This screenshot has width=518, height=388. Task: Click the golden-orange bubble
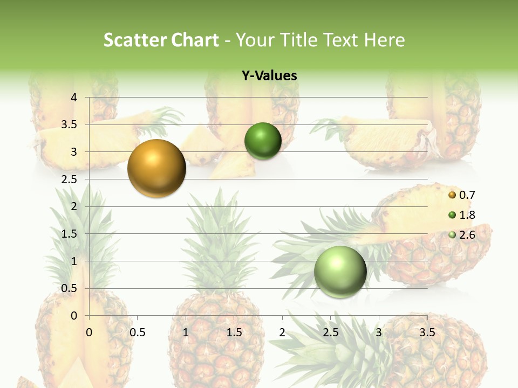(156, 168)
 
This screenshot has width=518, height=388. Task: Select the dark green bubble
(263, 141)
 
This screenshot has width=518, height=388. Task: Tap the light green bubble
(340, 272)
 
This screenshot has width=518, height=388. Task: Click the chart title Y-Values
(269, 76)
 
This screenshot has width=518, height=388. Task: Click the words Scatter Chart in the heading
(161, 40)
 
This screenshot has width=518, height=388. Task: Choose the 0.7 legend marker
(452, 195)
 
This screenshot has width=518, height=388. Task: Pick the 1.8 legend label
(467, 216)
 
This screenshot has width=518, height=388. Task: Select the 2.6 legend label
(467, 235)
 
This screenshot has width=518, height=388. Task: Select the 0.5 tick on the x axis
(138, 332)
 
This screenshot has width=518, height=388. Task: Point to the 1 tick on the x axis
(186, 332)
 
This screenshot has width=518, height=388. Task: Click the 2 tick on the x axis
(282, 332)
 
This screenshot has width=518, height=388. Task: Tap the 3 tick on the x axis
(379, 332)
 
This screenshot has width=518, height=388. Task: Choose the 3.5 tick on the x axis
(427, 332)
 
